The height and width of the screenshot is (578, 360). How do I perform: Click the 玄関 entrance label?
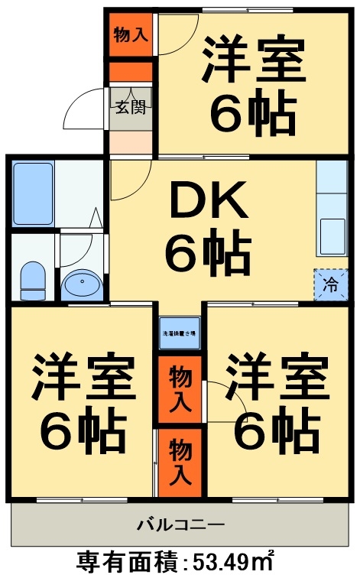(x=131, y=107)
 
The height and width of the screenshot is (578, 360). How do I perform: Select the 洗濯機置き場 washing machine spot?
(x=180, y=333)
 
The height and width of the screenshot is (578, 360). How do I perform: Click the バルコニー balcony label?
(x=180, y=524)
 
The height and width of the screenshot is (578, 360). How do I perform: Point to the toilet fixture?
(x=33, y=280)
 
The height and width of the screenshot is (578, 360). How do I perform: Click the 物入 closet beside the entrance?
(x=131, y=34)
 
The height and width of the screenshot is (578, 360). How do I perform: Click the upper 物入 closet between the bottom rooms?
(x=180, y=388)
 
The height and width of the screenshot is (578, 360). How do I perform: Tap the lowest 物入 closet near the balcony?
(x=180, y=461)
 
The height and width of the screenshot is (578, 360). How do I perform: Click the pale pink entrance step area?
(x=131, y=142)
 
